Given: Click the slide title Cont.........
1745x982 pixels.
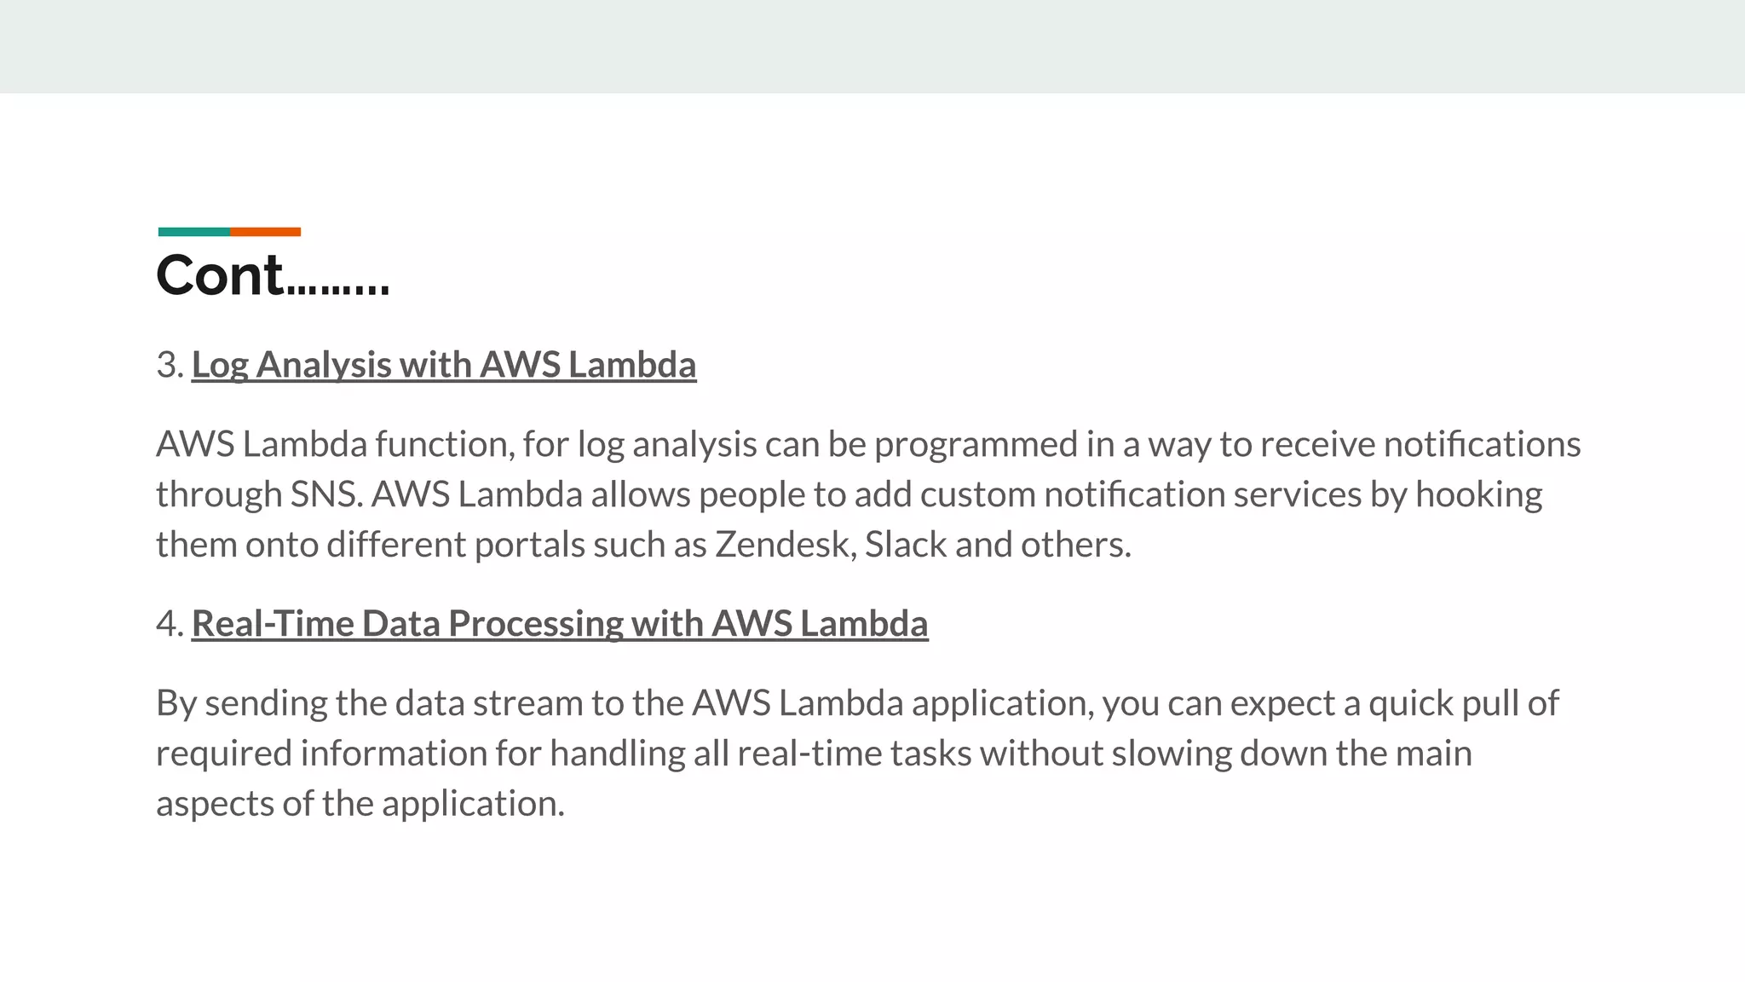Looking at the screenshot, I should point(273,275).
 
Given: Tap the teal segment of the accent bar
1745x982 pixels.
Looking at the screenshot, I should point(193,232).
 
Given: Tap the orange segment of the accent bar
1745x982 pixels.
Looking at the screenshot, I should point(265,232).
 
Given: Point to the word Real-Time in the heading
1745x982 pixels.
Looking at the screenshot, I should point(273,624).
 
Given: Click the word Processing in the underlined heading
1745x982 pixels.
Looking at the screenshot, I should point(536,624).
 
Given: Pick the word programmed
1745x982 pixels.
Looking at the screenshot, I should point(976,445).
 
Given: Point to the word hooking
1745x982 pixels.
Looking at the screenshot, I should point(1478,494).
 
